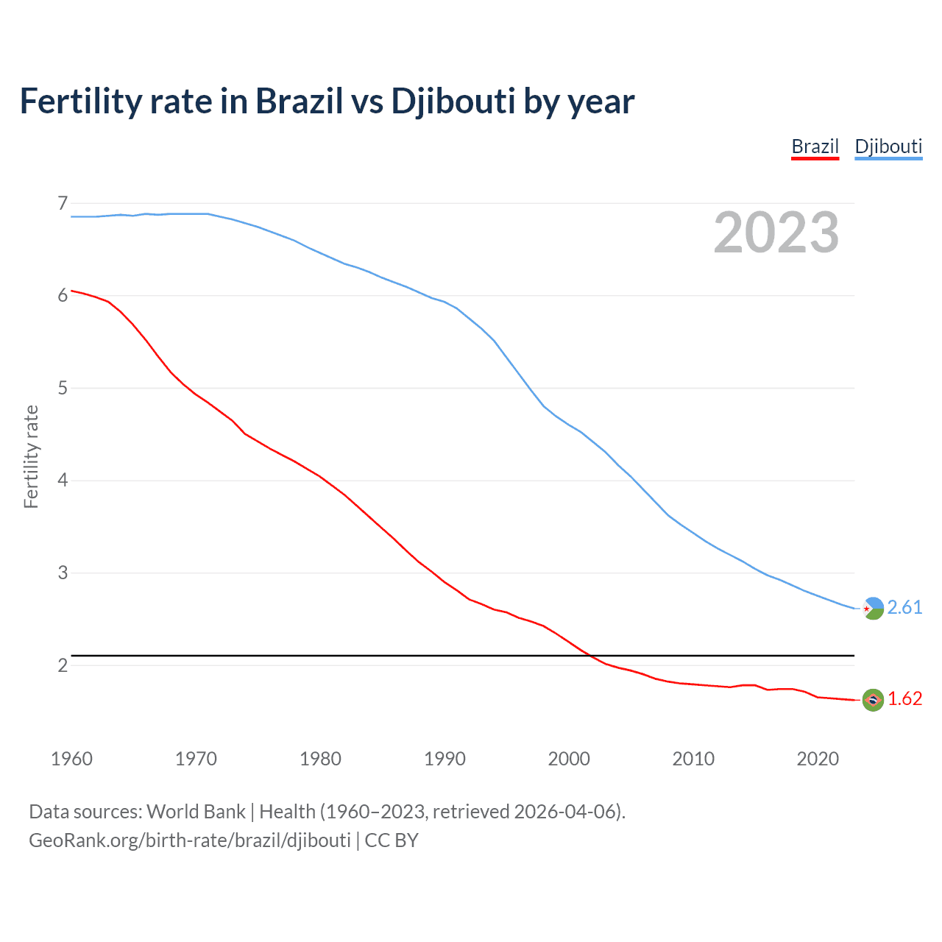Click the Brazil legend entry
coord(815,146)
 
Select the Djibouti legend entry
coord(888,146)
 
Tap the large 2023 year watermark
coord(776,233)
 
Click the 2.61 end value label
coord(904,607)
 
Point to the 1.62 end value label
coord(904,698)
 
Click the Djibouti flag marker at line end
coord(873,608)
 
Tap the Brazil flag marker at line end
coord(873,700)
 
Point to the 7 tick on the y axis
coord(63,203)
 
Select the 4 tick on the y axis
coord(63,481)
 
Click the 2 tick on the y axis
coord(63,665)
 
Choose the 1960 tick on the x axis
coord(71,759)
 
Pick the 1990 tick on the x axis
coord(445,759)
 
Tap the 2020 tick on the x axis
coord(818,759)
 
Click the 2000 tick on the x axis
coord(569,759)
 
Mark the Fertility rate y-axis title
coord(31,456)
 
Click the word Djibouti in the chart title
coord(453,102)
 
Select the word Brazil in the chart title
coord(299,102)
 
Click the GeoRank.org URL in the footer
coord(190,840)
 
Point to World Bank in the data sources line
coord(196,812)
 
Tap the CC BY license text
coord(392,840)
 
